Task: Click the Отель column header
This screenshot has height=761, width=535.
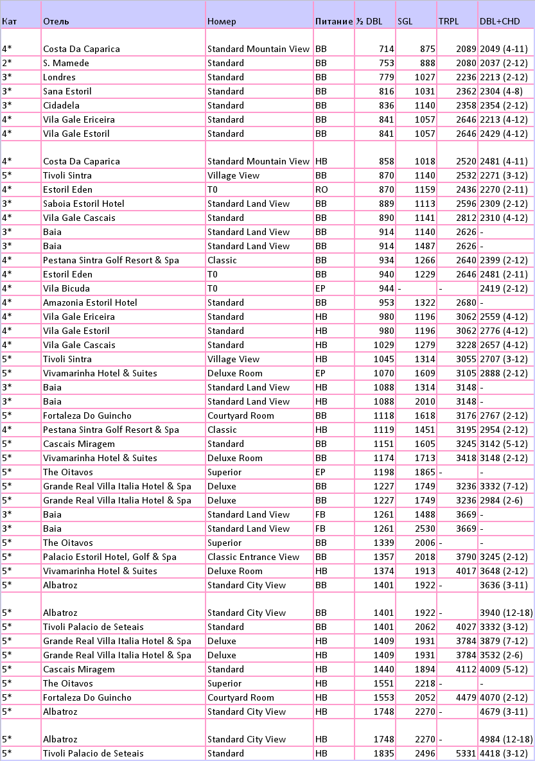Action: click(57, 21)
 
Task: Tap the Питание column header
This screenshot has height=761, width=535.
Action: click(334, 21)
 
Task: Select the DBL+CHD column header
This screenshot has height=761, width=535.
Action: click(500, 21)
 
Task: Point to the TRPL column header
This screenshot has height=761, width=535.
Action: click(449, 21)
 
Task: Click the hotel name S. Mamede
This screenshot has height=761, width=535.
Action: click(66, 63)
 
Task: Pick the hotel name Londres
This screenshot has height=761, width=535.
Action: click(59, 77)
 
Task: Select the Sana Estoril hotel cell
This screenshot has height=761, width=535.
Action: click(67, 91)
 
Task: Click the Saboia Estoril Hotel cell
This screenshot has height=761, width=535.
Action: click(83, 204)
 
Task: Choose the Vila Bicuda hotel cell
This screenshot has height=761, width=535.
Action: click(66, 288)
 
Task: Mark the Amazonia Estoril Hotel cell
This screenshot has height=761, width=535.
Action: click(90, 302)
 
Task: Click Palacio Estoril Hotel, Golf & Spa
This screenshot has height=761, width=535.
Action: click(109, 557)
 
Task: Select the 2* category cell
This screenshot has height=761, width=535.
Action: click(7, 63)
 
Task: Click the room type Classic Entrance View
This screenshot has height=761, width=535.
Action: click(253, 557)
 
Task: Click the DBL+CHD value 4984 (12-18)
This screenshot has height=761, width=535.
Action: click(506, 739)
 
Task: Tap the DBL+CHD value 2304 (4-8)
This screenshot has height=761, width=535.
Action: click(501, 91)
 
